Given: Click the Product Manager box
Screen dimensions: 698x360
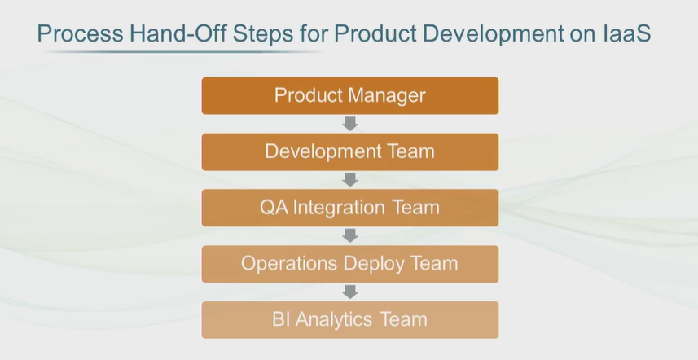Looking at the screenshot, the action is click(350, 95).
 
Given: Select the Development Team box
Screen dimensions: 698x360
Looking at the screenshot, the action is click(350, 151).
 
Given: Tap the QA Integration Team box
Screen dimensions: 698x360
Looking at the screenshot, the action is click(350, 208).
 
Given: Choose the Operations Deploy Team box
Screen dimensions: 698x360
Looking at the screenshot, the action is click(350, 264).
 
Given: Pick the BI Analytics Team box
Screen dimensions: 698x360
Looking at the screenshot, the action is click(350, 320).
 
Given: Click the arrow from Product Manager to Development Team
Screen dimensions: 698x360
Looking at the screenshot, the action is click(350, 124).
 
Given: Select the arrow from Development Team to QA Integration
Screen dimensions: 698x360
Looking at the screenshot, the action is click(350, 180).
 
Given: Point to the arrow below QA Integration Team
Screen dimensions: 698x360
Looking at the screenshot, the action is click(350, 236).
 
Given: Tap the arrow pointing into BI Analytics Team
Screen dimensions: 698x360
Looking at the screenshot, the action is click(350, 292).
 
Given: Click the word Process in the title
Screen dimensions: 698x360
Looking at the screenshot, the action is click(80, 33).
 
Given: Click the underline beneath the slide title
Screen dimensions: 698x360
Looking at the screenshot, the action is click(182, 52).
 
